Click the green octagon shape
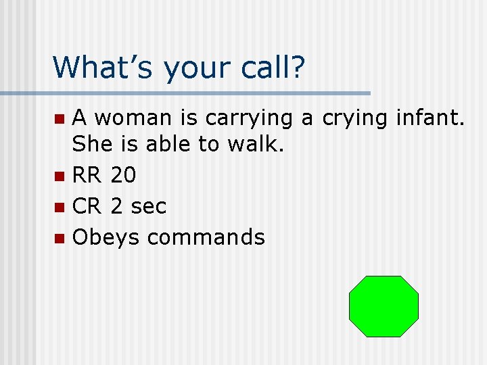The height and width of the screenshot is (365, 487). click(384, 306)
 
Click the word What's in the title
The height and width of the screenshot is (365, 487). click(102, 67)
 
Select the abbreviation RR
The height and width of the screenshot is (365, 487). click(87, 176)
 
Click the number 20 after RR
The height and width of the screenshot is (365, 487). click(122, 176)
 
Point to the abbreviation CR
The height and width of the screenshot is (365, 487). click(87, 206)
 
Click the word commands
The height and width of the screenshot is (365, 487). click(206, 237)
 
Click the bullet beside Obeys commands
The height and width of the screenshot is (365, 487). click(60, 238)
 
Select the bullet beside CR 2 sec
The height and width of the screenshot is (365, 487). click(60, 208)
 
